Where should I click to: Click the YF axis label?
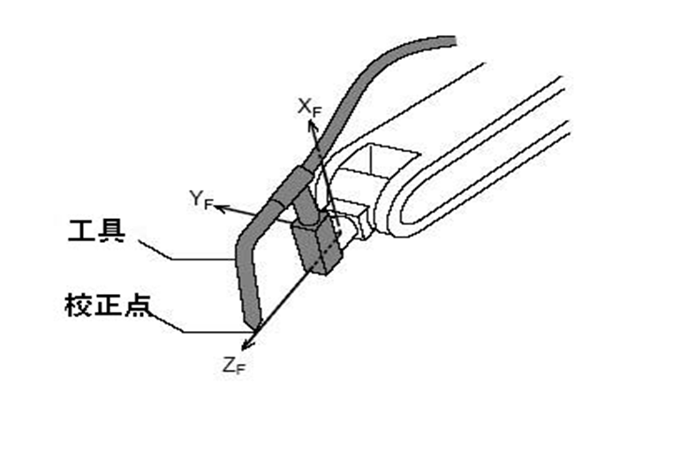(200, 199)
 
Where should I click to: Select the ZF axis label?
(233, 365)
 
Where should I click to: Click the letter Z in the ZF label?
(229, 363)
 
